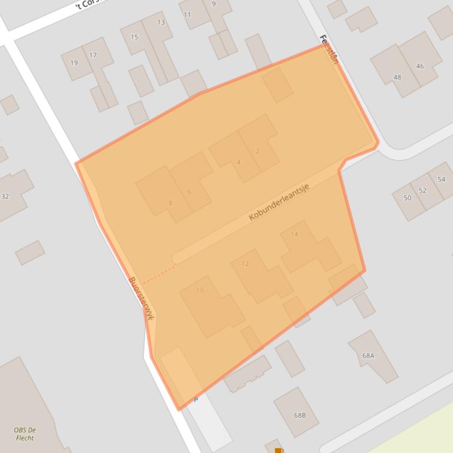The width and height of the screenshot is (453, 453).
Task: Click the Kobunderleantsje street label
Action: tap(279, 202)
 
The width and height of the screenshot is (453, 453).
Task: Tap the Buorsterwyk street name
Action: tap(141, 298)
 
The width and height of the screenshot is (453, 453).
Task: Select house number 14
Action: tap(294, 234)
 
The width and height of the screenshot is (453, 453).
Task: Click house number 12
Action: tap(245, 264)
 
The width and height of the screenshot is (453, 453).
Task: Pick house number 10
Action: tap(200, 289)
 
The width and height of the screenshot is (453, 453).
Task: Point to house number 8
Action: tap(170, 204)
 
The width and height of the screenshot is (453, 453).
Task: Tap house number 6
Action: tap(189, 192)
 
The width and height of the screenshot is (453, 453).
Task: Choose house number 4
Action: tap(238, 162)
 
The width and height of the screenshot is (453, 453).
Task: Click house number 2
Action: tap(257, 151)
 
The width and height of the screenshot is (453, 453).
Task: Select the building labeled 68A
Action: tap(368, 355)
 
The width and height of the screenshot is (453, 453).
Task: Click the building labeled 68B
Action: tap(300, 415)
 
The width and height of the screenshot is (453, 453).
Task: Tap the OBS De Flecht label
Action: tap(25, 434)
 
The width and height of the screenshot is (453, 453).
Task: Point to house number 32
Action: tap(5, 196)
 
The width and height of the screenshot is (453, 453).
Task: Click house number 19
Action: tap(74, 62)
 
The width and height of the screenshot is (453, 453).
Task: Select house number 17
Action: tap(92, 55)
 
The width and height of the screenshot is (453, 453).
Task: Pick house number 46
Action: tap(419, 66)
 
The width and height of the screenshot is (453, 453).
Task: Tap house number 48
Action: tap(397, 77)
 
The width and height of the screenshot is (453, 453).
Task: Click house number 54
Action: tap(441, 179)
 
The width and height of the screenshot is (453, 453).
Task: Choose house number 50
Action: tap(407, 198)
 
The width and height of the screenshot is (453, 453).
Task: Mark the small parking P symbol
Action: tap(196, 400)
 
